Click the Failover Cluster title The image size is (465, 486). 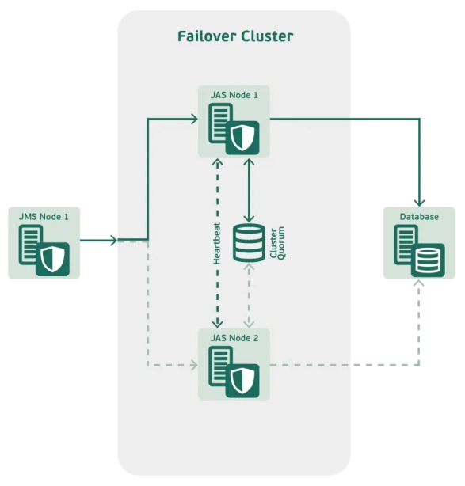coord(235,36)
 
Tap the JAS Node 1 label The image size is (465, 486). coord(234,95)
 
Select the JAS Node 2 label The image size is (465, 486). coord(234,338)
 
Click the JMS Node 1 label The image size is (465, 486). coord(44,217)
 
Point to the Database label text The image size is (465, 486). coord(419,217)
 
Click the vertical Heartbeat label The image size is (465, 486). coord(217,243)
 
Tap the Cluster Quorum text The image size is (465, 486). coord(277,243)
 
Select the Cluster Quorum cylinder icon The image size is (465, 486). coord(249,243)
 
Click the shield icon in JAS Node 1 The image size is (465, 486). coord(242,139)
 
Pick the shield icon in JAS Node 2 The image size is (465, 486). coord(242,382)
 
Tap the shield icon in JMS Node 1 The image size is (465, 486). coord(52,260)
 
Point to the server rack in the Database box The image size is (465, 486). coord(406,245)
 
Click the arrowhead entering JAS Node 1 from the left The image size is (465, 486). coord(195,119)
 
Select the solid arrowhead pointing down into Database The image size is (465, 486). coord(419,203)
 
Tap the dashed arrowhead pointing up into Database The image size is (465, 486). coord(419,283)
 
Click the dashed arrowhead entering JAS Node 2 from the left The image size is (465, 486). coord(195,365)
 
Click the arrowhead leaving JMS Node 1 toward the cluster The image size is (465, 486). coord(114,240)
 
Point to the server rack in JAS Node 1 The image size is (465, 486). coord(220,123)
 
